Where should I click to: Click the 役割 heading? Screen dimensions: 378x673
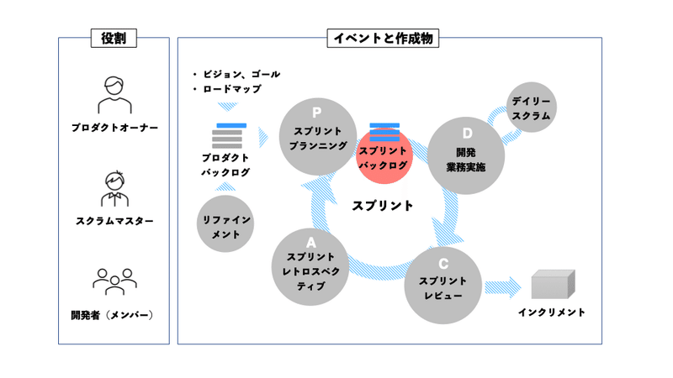[x=113, y=38]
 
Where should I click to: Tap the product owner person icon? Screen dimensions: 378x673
[x=114, y=95]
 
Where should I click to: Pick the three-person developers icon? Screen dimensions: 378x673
[x=114, y=281]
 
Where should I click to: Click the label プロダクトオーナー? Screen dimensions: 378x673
[x=114, y=128]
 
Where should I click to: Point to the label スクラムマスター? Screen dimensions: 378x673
[x=114, y=221]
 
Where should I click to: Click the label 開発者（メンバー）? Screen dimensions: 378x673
[x=114, y=315]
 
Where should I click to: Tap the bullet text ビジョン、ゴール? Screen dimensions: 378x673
[x=241, y=74]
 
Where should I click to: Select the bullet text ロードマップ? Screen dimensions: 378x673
[x=231, y=89]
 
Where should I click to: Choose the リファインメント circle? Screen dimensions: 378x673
[x=225, y=224]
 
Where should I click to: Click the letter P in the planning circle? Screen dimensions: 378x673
[x=317, y=113]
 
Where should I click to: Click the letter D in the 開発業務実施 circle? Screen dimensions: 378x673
[x=467, y=133]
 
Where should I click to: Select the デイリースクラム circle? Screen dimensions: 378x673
[x=531, y=108]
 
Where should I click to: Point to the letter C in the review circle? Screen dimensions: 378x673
[x=443, y=263]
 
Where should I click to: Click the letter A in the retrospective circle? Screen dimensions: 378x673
[x=310, y=244]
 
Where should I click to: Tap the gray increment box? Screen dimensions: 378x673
[x=553, y=284]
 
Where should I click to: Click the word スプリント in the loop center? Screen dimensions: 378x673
[x=383, y=205]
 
